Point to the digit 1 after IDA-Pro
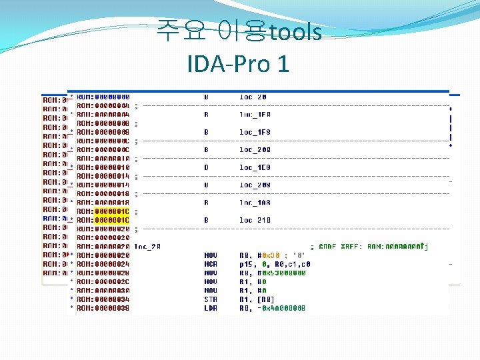[283, 64]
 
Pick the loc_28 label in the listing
[147, 246]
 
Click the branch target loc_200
[255, 150]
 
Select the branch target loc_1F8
[255, 132]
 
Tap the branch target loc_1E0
[255, 167]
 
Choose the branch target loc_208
[255, 185]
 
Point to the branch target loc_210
[255, 220]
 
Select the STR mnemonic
[211, 299]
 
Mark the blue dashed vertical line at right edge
[451, 127]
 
